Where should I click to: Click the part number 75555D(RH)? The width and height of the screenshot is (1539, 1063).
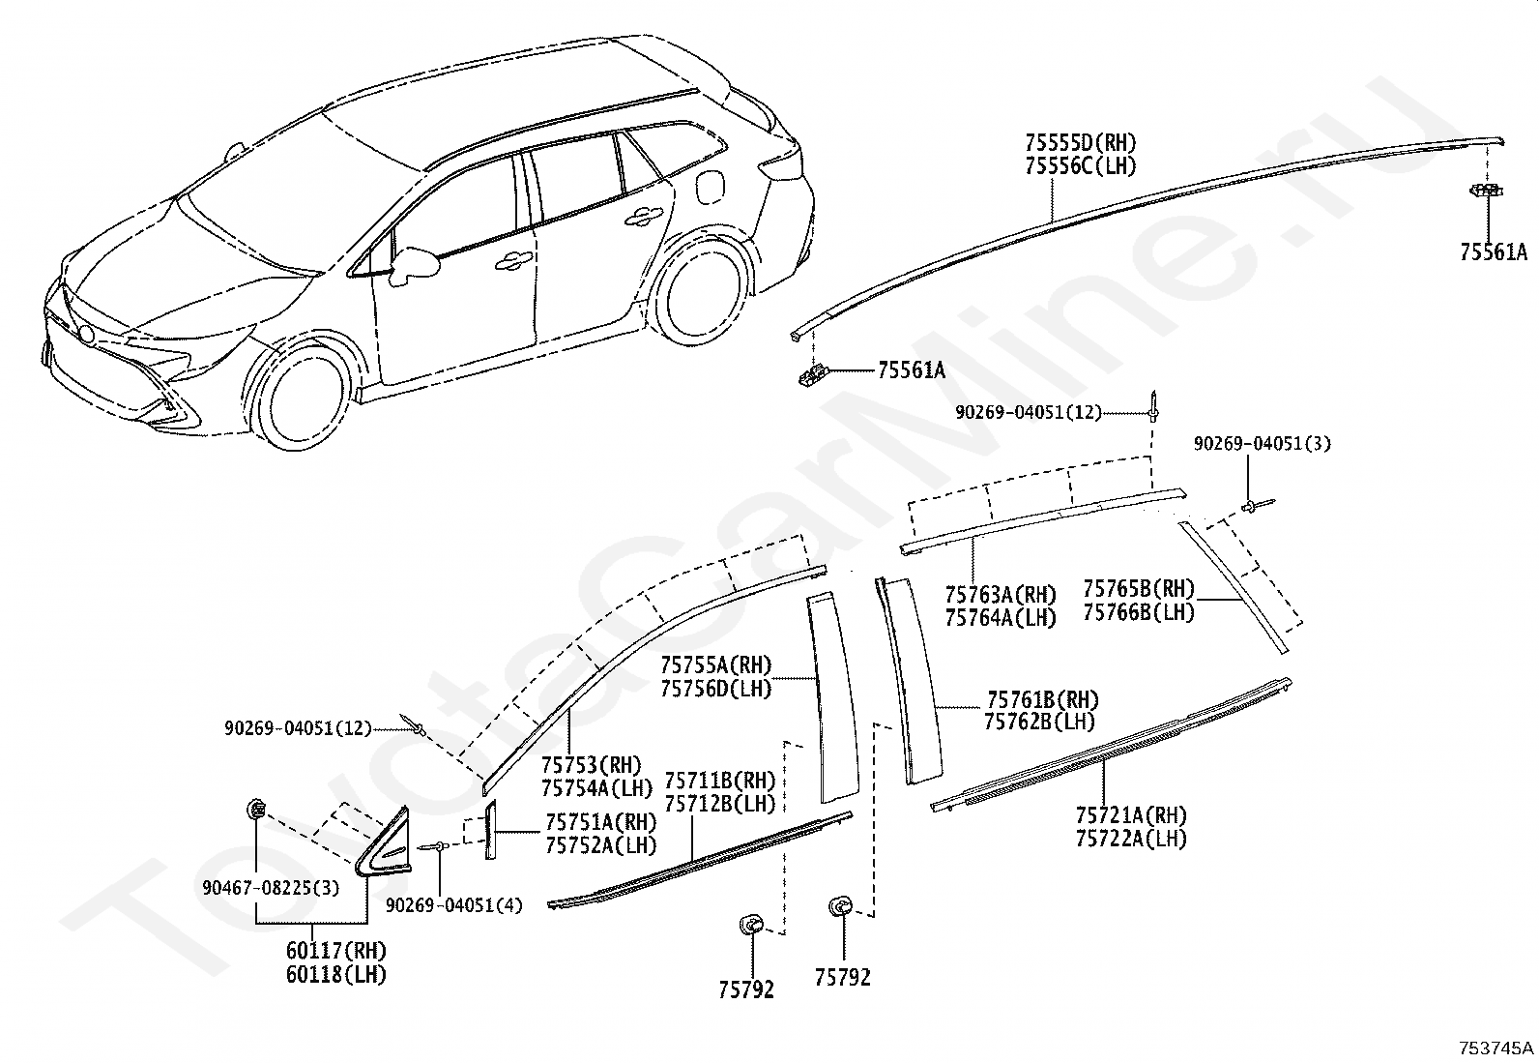click(1081, 143)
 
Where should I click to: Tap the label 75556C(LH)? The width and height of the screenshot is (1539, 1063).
click(1081, 166)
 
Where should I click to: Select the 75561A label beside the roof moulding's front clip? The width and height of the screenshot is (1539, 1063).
click(912, 370)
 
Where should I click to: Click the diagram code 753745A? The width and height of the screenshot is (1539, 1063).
click(1495, 1048)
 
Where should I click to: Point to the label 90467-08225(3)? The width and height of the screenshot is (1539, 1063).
click(271, 888)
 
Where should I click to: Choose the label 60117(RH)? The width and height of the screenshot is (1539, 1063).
click(336, 951)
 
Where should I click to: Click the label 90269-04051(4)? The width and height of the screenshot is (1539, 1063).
click(454, 905)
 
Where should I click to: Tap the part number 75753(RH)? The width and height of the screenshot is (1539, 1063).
click(591, 764)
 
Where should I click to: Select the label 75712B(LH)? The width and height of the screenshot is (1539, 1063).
click(720, 804)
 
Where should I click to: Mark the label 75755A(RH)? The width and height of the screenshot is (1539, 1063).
click(716, 664)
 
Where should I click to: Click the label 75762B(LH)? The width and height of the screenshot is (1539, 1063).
click(1039, 722)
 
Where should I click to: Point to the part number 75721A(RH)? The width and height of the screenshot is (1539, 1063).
click(1131, 815)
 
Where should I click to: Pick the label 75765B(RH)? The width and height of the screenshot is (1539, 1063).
click(1139, 589)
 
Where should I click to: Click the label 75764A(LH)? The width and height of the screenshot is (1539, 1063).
click(1001, 618)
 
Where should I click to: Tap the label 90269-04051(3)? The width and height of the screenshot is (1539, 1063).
click(1263, 444)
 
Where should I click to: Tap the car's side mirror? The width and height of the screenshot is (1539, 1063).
click(415, 265)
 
